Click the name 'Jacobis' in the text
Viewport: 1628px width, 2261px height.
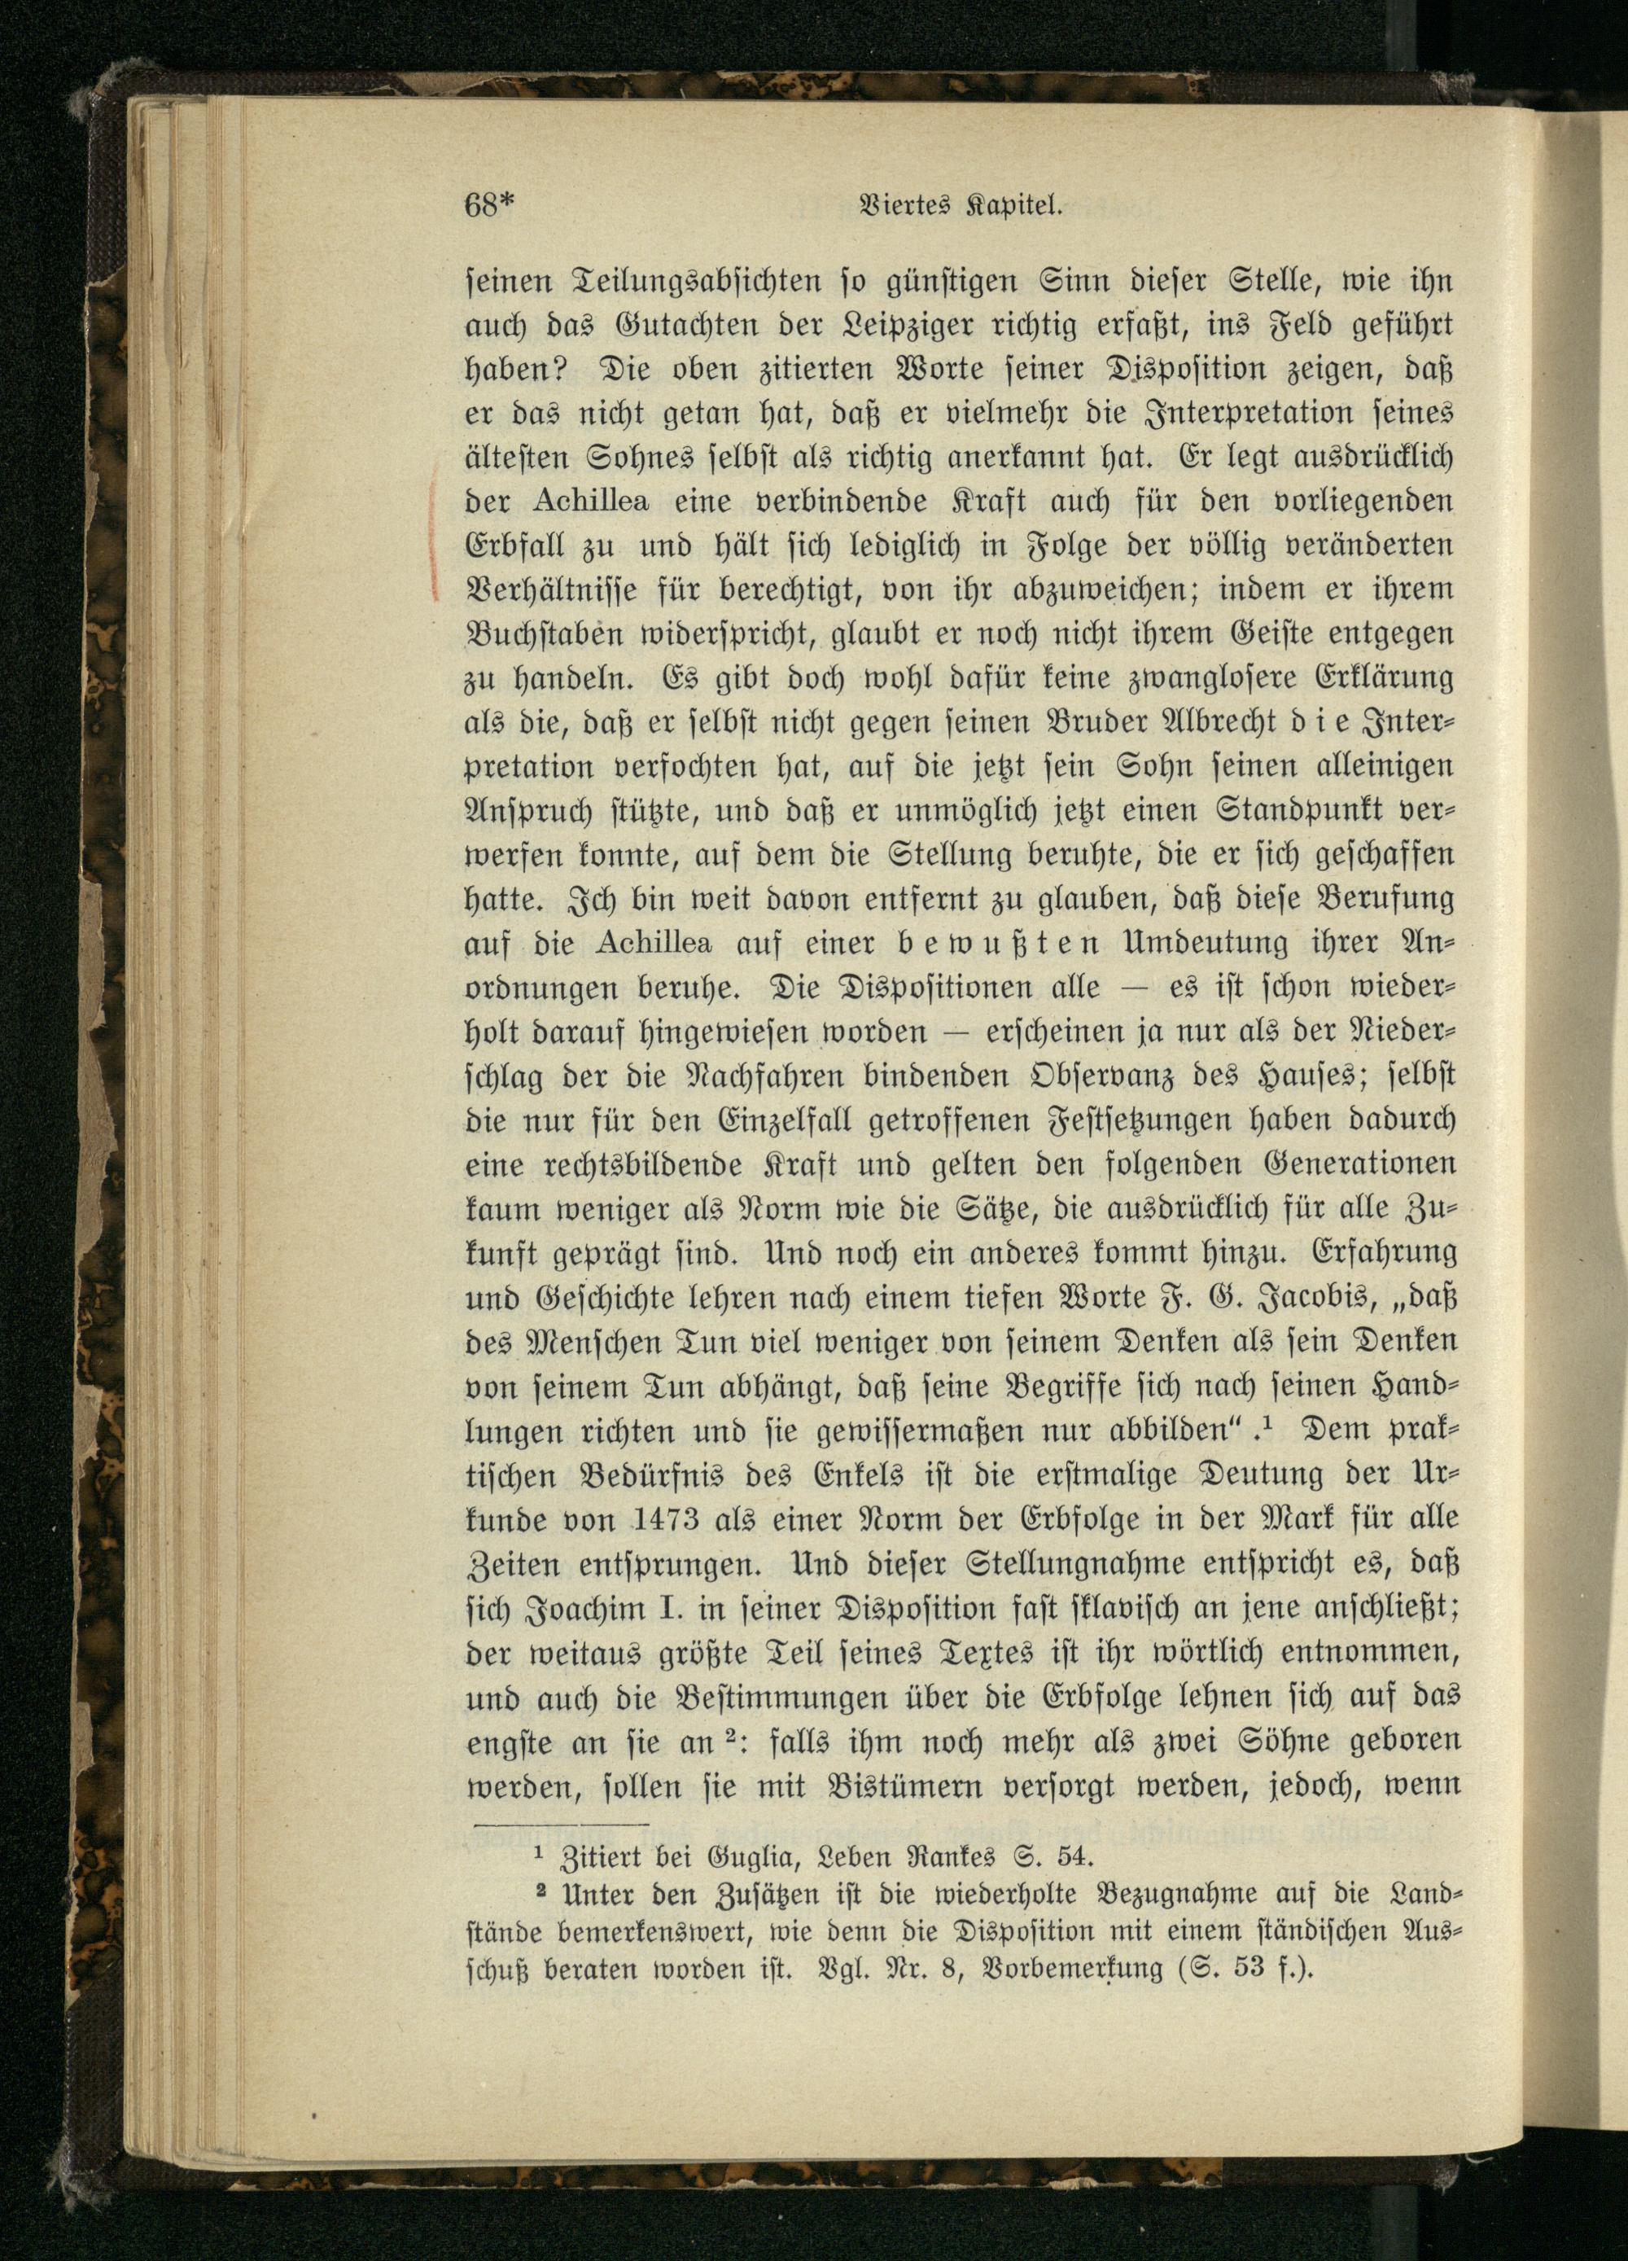click(x=1208, y=1293)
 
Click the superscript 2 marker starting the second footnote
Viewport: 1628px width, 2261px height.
click(x=543, y=1891)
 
